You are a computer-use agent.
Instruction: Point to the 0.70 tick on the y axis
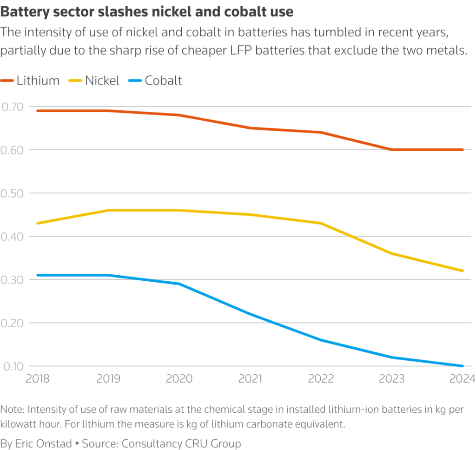13,106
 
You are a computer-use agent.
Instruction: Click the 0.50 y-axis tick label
13,193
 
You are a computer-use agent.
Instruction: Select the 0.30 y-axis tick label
13,279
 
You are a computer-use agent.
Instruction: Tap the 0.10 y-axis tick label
13,366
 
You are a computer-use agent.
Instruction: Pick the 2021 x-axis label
250,378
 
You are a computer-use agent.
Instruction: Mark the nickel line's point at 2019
108,210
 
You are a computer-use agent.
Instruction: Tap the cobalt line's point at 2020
179,284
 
